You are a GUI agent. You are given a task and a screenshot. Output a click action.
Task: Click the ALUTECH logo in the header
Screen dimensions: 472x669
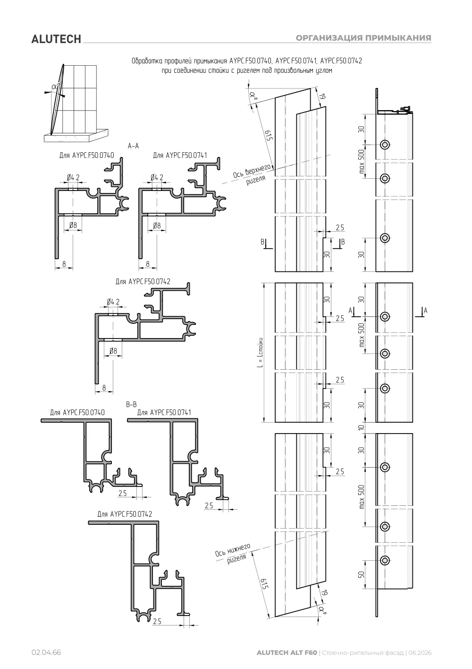(56, 39)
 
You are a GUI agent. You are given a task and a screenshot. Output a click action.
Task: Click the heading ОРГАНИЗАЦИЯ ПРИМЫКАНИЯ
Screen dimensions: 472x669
(363, 38)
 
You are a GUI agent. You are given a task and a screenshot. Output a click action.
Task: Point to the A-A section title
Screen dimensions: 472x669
(133, 146)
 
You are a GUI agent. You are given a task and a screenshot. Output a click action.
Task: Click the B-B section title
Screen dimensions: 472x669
(132, 405)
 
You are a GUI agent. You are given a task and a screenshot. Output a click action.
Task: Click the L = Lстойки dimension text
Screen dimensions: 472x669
(261, 352)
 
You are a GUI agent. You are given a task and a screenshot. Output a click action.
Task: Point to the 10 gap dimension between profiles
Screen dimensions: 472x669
(362, 428)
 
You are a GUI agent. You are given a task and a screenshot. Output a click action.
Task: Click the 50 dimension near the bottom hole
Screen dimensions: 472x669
(362, 574)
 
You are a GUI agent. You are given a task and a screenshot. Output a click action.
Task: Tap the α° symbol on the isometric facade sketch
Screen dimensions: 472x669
(56, 87)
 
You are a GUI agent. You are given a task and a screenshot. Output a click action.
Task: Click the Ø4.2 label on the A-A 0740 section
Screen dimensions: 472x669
(73, 178)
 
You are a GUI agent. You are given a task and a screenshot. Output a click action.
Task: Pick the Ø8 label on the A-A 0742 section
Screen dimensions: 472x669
(113, 351)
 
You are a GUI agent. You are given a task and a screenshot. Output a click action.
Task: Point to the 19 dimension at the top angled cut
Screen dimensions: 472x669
(322, 96)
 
